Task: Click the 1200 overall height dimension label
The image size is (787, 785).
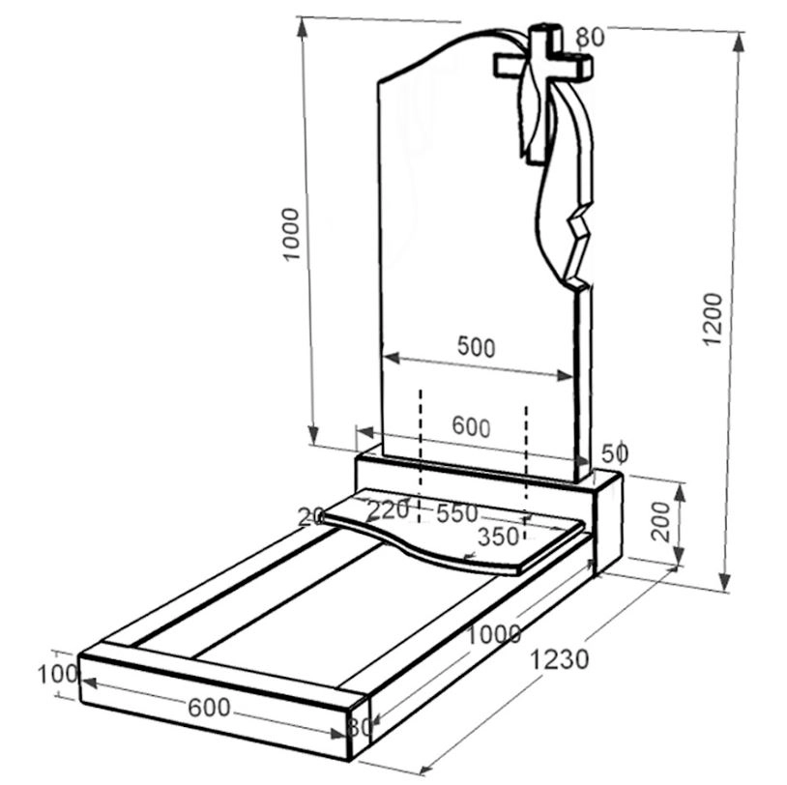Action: [x=713, y=319]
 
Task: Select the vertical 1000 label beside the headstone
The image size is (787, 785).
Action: [x=291, y=234]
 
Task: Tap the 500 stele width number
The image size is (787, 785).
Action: [x=476, y=347]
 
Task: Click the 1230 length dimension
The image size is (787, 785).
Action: [x=559, y=659]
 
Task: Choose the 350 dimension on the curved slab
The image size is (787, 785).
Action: [x=497, y=537]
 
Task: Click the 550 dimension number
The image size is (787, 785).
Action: [x=456, y=513]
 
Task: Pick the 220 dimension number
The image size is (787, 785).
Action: [x=388, y=511]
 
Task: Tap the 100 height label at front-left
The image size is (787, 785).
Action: [x=59, y=674]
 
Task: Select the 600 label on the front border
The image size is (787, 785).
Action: [x=209, y=708]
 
